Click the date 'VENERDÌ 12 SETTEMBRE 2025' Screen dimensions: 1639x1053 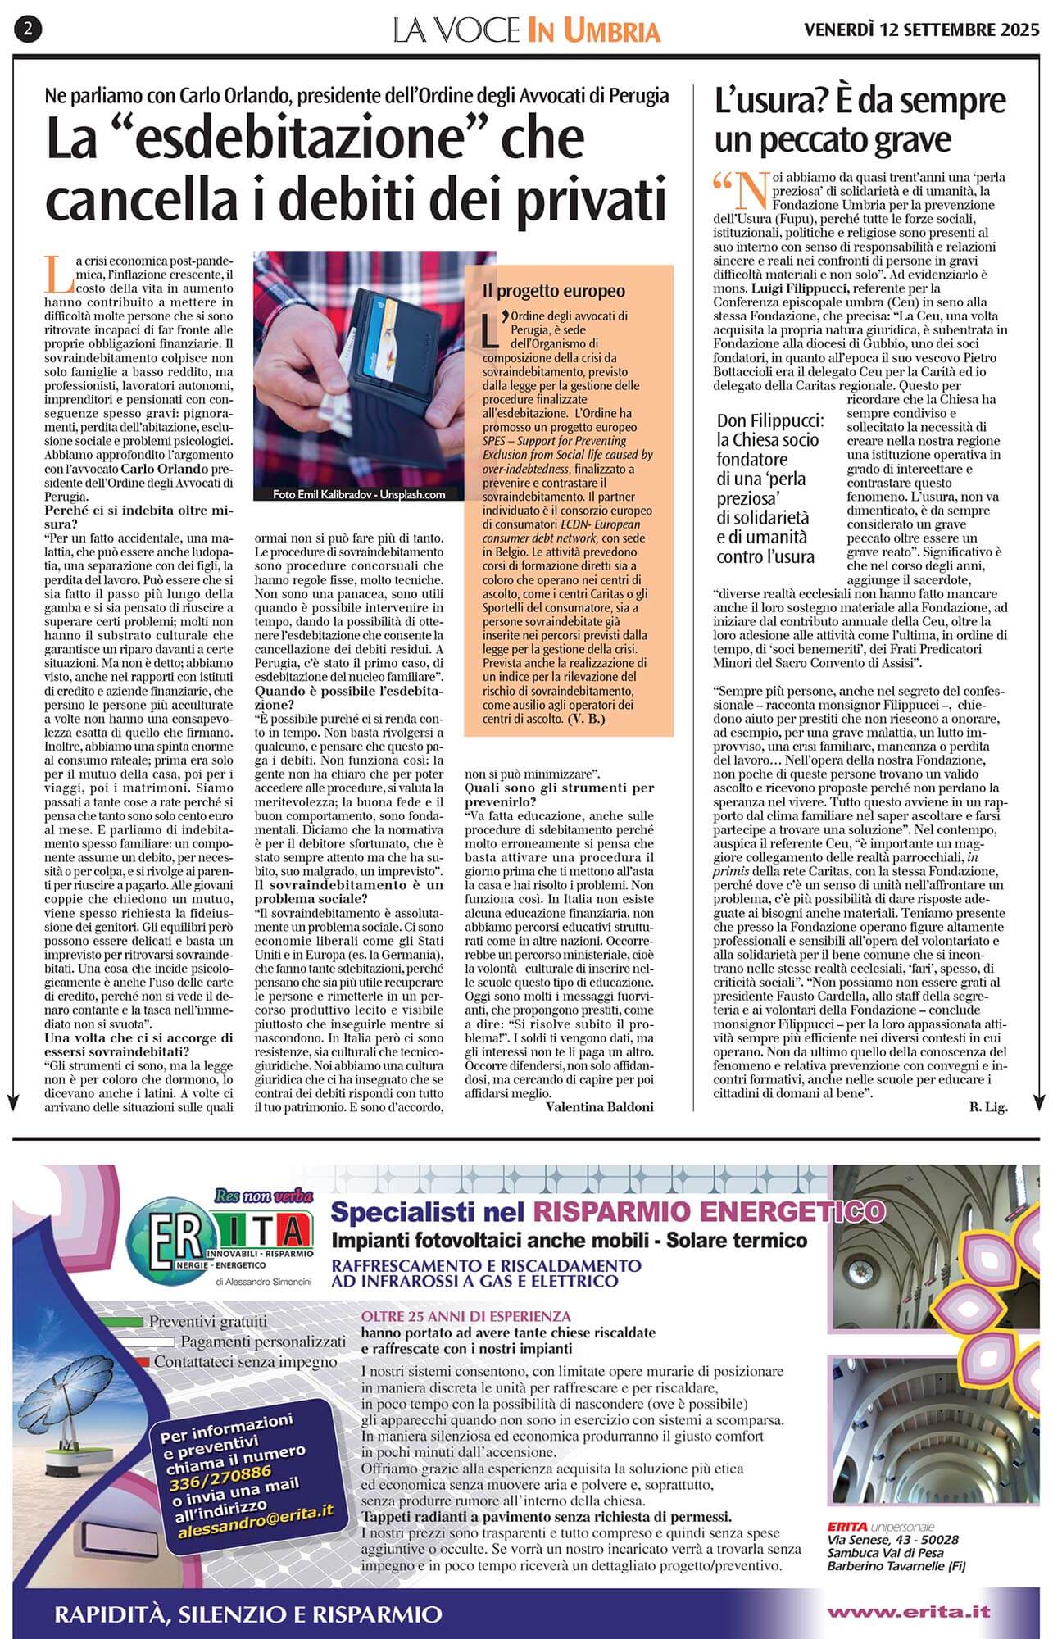tap(922, 30)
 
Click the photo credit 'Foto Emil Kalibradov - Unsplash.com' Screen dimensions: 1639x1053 tap(360, 494)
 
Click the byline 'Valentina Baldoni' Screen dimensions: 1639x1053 tap(601, 1107)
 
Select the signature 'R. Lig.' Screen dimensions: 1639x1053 tap(988, 1107)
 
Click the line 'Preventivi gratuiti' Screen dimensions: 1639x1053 tap(208, 1321)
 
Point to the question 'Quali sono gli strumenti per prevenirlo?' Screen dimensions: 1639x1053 tap(559, 794)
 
